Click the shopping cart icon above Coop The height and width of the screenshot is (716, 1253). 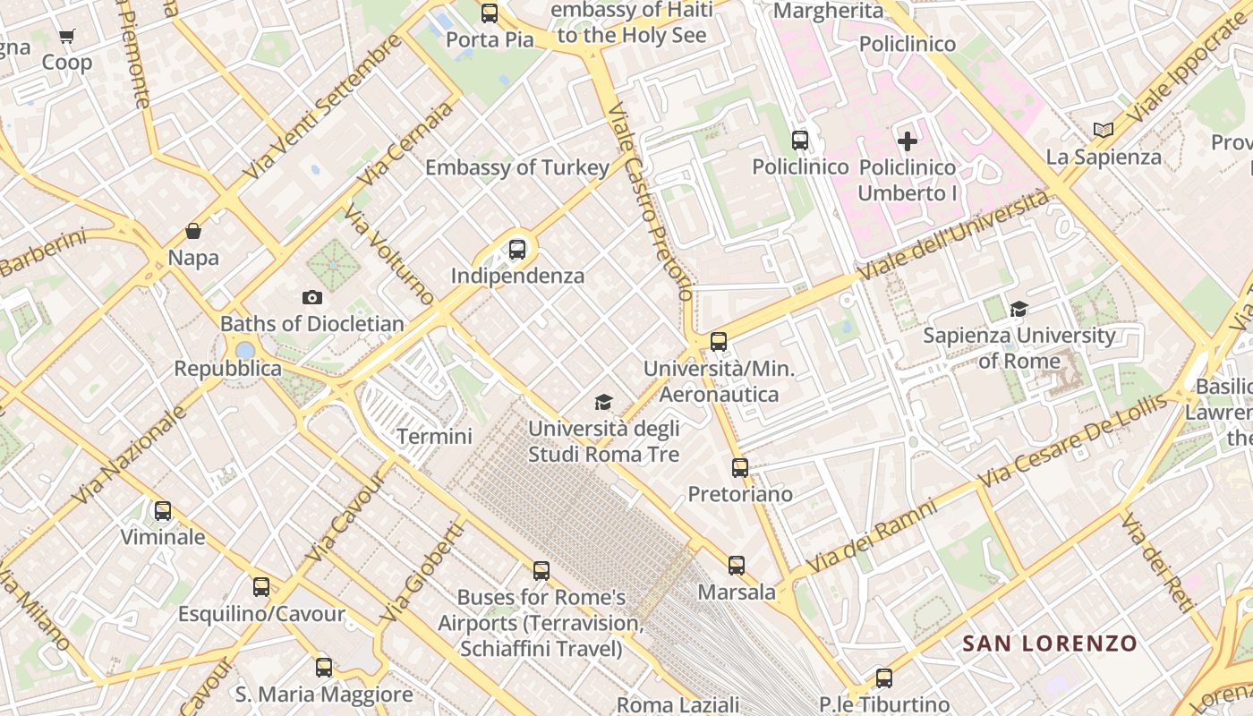pos(66,37)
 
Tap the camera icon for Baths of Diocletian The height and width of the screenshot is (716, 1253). pos(312,297)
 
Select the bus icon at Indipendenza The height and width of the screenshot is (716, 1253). pos(517,250)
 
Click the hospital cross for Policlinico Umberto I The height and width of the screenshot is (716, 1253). pos(908,141)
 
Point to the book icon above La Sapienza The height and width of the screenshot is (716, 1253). pos(1104,131)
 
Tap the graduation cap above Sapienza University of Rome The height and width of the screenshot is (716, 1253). pos(1019,310)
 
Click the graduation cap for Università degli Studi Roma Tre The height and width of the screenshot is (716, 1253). pos(604,403)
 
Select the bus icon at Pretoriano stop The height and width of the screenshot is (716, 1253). pos(739,468)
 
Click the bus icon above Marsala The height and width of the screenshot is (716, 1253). pos(736,566)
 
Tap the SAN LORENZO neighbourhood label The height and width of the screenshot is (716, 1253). pos(1049,644)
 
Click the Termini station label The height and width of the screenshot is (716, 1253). pos(434,437)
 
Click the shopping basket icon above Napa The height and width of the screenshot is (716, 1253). pos(193,232)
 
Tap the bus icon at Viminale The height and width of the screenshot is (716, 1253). pos(162,511)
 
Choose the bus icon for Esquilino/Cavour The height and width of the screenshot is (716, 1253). pos(260,587)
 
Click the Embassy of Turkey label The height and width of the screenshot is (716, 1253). pos(516,167)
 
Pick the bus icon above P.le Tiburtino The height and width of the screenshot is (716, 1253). pos(883,678)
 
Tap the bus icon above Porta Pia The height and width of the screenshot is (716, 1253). pos(489,13)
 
